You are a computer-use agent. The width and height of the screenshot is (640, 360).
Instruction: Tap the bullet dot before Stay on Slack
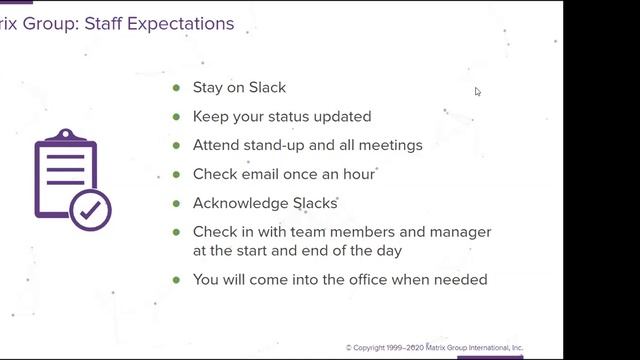point(177,88)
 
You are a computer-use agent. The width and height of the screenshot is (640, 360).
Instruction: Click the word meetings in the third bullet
point(391,145)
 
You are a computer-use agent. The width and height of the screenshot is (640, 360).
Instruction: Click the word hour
point(358,174)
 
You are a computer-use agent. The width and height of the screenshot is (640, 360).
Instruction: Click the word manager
point(461,232)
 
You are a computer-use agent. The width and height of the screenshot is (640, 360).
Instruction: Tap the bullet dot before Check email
point(177,174)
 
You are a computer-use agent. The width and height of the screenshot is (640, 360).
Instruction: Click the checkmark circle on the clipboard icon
point(91,211)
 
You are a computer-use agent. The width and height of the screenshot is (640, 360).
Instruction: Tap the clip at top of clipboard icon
point(65,135)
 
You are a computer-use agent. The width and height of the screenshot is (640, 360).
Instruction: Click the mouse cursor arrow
point(477,91)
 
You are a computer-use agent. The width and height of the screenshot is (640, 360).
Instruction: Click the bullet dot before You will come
point(177,280)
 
